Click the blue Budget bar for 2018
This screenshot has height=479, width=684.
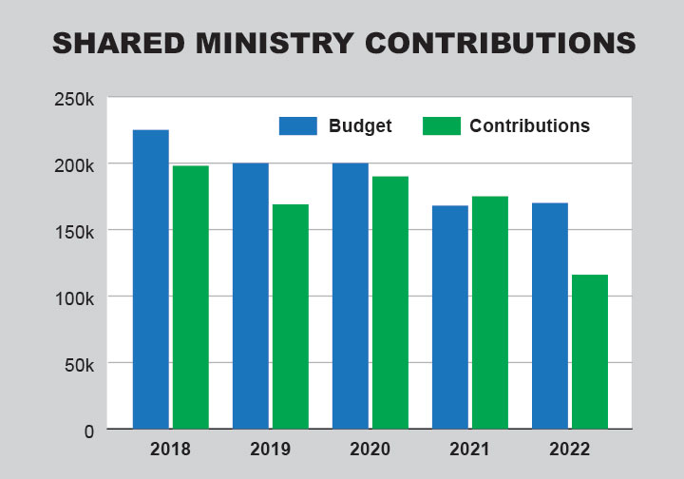(151, 279)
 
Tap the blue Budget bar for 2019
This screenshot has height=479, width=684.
(251, 296)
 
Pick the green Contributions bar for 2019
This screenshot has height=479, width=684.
(291, 316)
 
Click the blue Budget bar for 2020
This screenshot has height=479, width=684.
(351, 296)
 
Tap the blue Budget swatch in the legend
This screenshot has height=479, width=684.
(297, 125)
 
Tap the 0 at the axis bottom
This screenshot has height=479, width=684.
(88, 431)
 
